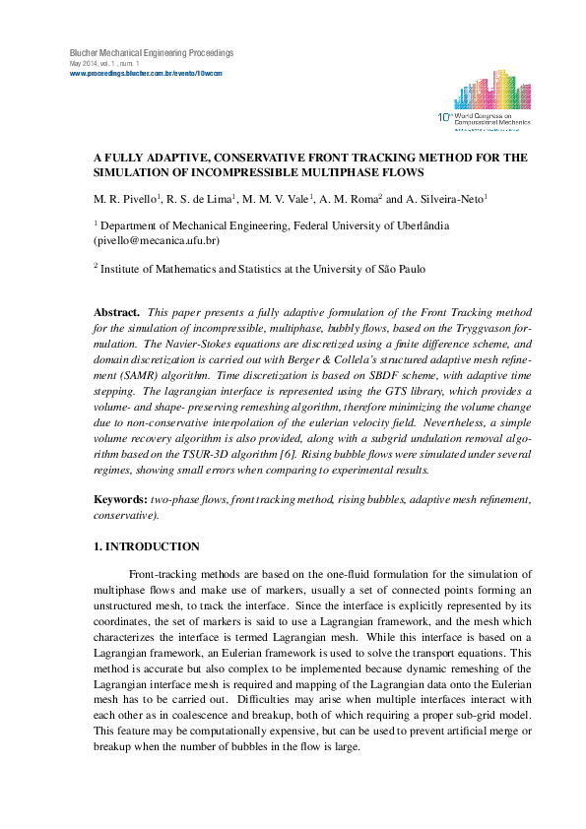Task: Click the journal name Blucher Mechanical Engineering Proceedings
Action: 151,52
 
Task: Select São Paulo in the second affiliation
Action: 400,268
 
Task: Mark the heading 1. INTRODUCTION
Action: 146,546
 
